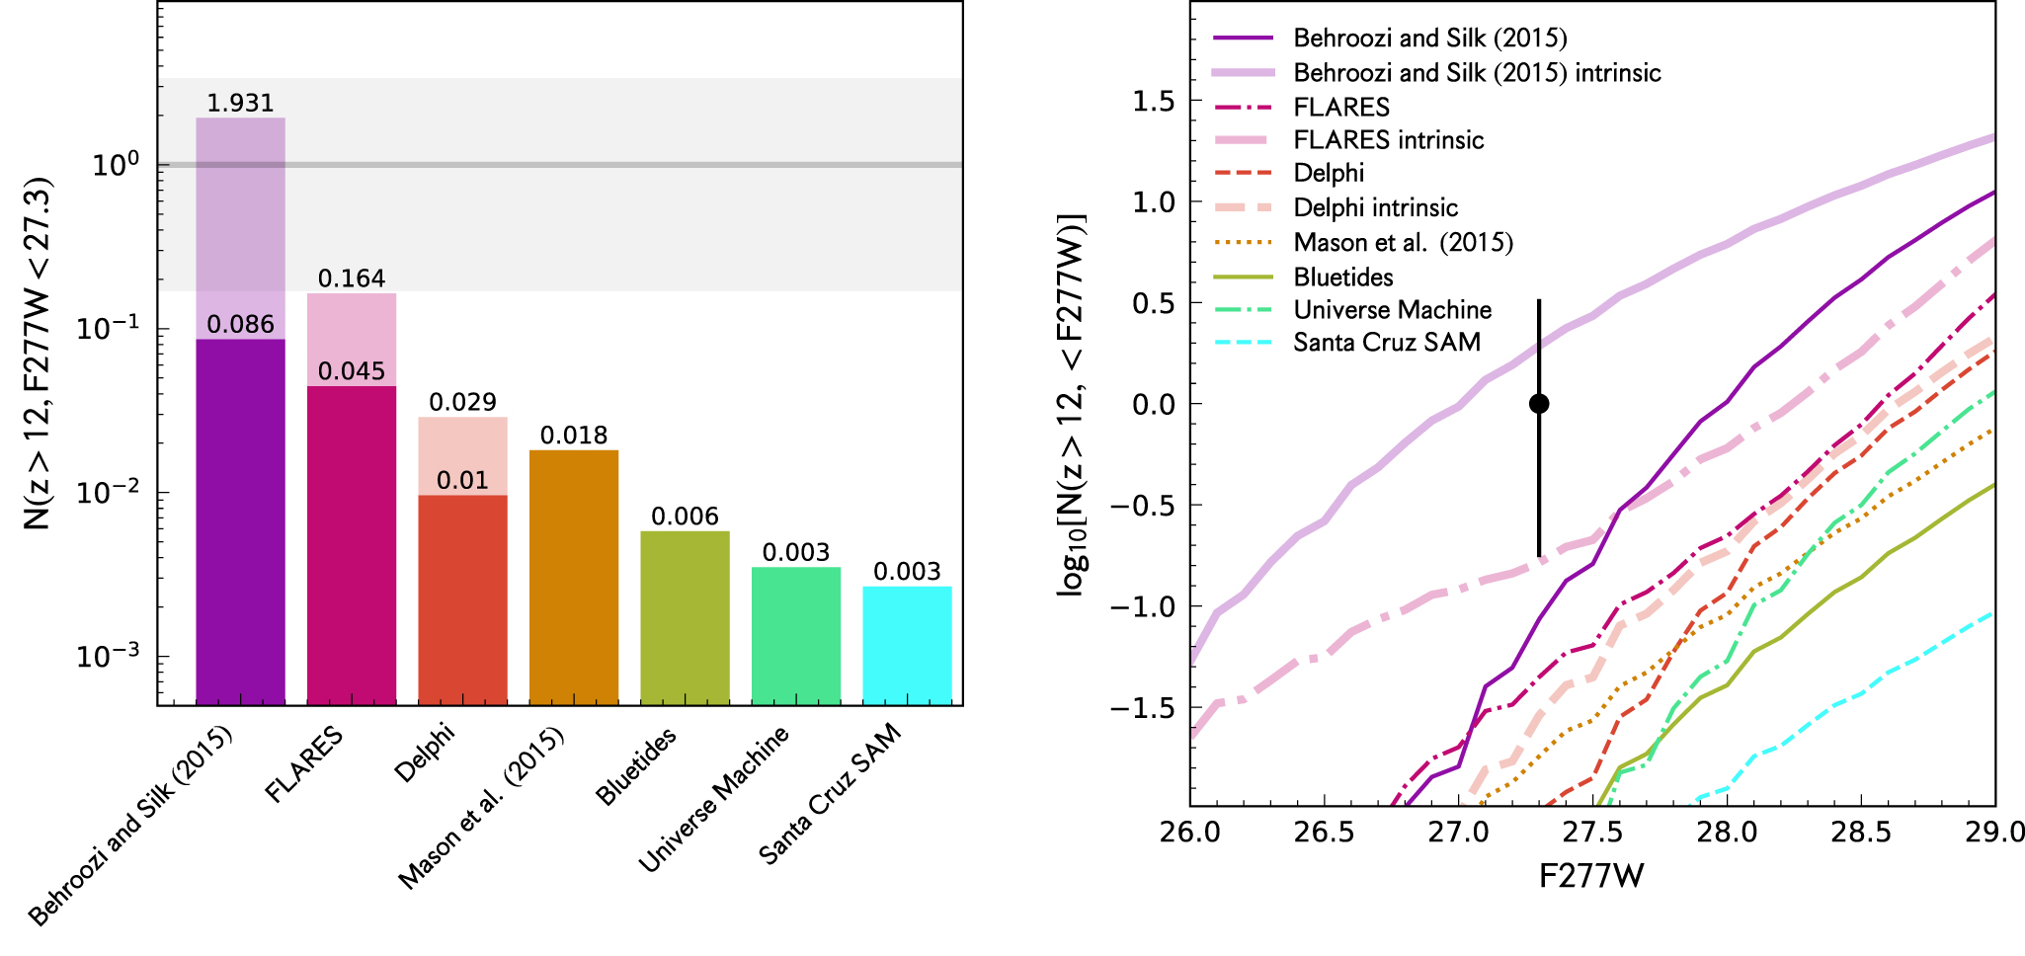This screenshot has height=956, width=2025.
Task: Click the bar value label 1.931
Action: tap(240, 103)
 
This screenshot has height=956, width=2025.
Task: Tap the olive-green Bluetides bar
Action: tap(685, 617)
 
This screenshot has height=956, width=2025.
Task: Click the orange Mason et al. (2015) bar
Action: tap(574, 577)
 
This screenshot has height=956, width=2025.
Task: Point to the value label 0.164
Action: tap(352, 279)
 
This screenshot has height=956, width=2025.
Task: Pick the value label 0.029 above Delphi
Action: tap(462, 402)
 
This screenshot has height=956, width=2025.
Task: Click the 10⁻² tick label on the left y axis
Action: tap(109, 492)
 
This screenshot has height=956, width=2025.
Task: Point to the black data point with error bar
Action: tap(1538, 404)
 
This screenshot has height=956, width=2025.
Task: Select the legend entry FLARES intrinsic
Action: tap(1389, 140)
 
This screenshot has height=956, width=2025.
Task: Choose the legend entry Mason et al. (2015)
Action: tap(1403, 243)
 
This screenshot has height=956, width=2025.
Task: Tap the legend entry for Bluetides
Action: tap(1343, 278)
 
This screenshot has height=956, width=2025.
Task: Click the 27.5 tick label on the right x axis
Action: tap(1592, 833)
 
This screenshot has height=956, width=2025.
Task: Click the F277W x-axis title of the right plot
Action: tap(1591, 876)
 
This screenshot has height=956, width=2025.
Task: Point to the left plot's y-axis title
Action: tap(38, 353)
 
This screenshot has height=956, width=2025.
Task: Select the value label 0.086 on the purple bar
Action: tap(240, 324)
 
